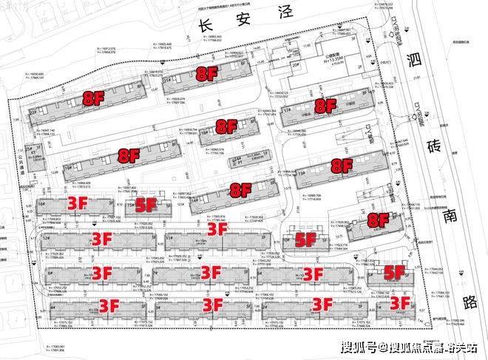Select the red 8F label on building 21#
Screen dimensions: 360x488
206,73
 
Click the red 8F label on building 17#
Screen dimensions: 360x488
326,106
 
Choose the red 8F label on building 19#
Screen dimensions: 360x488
129,156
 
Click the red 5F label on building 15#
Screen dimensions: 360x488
146,206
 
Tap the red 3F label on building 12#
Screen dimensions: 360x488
101,239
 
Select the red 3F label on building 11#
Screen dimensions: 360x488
217,230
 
